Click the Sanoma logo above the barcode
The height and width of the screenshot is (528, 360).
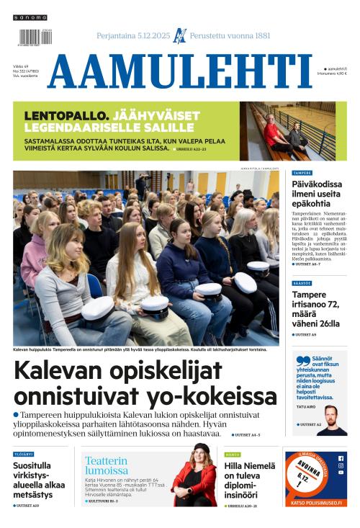click(x=30, y=17)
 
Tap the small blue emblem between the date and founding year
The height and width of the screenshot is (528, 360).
click(x=180, y=35)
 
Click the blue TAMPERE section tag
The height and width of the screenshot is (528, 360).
click(x=302, y=173)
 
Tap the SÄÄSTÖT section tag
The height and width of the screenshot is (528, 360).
click(x=302, y=283)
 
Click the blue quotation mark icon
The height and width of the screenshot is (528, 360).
click(x=302, y=361)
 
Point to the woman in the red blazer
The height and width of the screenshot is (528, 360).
click(x=195, y=478)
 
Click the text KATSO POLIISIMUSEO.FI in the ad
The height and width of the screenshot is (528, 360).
click(x=315, y=501)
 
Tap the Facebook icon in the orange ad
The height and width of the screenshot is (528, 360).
click(x=341, y=458)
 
